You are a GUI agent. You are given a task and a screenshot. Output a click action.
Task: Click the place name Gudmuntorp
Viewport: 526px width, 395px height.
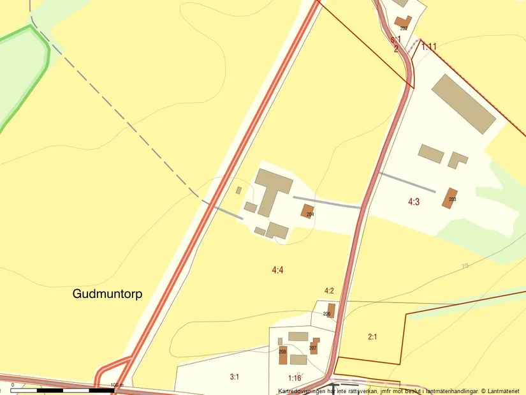[x=107, y=294]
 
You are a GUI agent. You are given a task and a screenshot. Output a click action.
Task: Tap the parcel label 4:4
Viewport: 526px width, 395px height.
[x=277, y=270]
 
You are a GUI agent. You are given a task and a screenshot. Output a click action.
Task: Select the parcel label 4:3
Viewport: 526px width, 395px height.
[x=414, y=202]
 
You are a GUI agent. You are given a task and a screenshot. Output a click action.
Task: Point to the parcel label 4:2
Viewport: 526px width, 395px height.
[x=329, y=291]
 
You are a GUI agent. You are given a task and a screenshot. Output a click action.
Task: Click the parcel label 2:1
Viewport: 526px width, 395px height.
[x=373, y=336]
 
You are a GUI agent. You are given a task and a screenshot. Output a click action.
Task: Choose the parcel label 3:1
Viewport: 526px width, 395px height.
[x=234, y=376]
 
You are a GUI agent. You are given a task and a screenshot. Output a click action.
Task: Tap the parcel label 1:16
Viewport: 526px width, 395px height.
[x=294, y=378]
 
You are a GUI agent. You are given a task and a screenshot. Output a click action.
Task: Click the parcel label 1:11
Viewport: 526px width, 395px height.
[x=428, y=46]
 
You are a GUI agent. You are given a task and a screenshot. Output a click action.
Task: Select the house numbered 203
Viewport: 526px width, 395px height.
[x=451, y=197]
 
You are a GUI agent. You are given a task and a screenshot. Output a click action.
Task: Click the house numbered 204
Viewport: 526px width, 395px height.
[x=308, y=211]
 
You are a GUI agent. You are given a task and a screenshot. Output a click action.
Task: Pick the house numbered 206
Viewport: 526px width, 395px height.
[x=331, y=310]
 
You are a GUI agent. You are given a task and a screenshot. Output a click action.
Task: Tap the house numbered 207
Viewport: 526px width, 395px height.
[x=314, y=347]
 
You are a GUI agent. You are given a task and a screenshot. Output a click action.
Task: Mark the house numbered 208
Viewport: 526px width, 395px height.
[x=282, y=355]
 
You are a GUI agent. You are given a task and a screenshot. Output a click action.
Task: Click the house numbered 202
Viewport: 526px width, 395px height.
[x=403, y=22]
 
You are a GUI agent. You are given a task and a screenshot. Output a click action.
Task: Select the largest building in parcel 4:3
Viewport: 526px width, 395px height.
[x=464, y=103]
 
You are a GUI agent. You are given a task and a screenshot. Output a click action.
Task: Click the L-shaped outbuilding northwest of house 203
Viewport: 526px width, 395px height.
[x=457, y=159]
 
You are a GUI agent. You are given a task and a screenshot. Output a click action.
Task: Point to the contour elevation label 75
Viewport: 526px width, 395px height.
[x=465, y=265]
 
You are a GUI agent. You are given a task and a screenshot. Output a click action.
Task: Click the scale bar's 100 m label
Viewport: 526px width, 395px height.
[x=115, y=385]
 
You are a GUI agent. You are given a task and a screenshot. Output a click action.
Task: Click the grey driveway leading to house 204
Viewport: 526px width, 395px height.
[x=327, y=202]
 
